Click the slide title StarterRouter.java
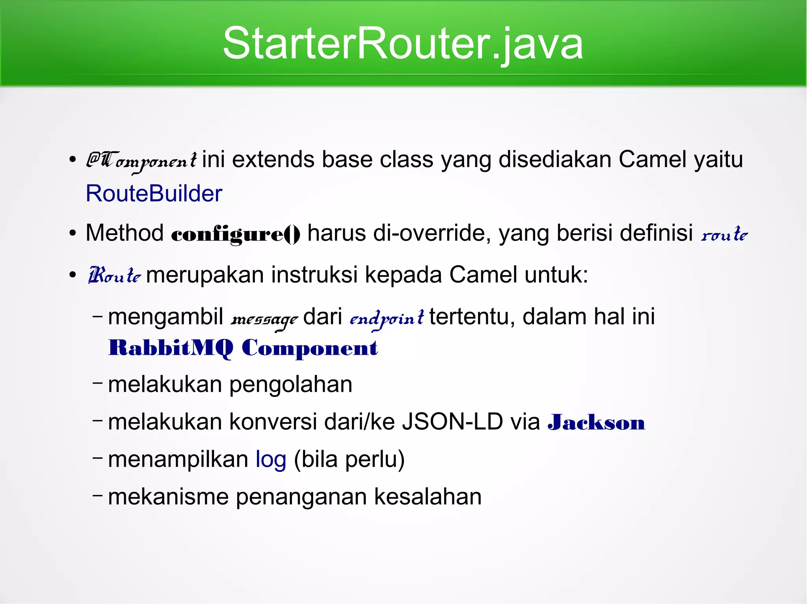click(x=403, y=43)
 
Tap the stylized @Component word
click(x=141, y=161)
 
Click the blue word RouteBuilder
click(x=154, y=194)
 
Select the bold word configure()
click(x=236, y=234)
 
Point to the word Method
click(x=125, y=233)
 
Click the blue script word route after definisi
click(x=724, y=235)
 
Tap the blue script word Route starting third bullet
click(x=114, y=276)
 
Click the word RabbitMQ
click(x=171, y=348)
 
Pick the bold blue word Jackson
click(x=596, y=423)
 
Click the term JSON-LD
click(x=452, y=422)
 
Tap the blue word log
click(x=271, y=460)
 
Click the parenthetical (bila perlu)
click(x=349, y=460)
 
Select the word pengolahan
click(x=290, y=385)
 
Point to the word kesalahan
click(x=428, y=497)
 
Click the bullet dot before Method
click(x=73, y=233)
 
